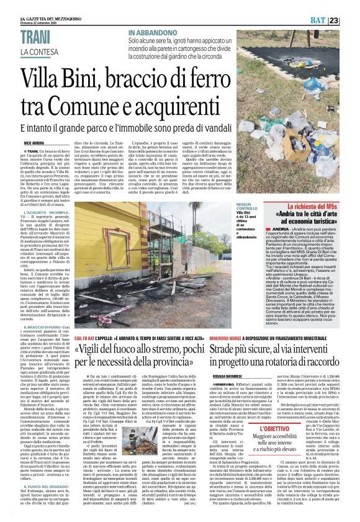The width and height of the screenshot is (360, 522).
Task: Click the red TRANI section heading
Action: coord(36,38)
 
